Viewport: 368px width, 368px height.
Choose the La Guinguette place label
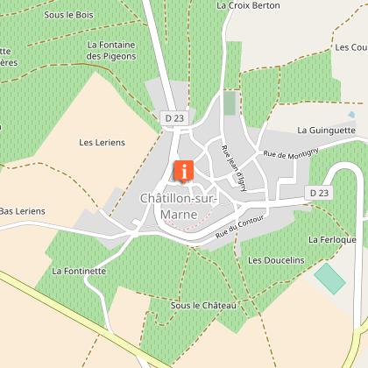326,130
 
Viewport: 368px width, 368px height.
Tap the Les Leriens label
102,142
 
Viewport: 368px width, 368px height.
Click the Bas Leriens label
22,211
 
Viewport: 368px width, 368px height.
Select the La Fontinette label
78,272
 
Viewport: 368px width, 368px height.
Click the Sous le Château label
204,305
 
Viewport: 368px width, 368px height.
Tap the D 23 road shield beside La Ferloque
318,192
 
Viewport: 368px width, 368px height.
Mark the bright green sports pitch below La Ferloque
330,279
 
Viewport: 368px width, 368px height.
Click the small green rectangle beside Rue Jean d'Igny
230,103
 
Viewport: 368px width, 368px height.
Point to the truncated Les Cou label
350,46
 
